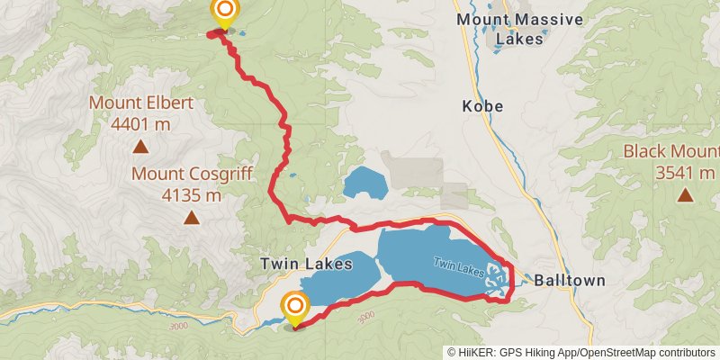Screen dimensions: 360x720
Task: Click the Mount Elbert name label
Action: tap(140, 103)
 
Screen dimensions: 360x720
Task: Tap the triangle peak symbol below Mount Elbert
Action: tap(140, 145)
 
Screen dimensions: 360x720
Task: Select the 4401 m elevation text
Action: tap(140, 122)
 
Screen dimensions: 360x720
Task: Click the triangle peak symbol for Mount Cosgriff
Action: tap(191, 217)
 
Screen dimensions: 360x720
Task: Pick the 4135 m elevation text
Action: tap(191, 193)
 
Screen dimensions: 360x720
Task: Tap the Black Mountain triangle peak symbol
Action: tap(686, 193)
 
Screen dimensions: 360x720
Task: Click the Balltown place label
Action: tap(569, 281)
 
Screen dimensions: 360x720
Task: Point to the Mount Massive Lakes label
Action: tap(519, 29)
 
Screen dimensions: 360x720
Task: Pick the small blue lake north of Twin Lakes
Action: tap(364, 184)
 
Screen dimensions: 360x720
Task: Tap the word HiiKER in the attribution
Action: tap(473, 353)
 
